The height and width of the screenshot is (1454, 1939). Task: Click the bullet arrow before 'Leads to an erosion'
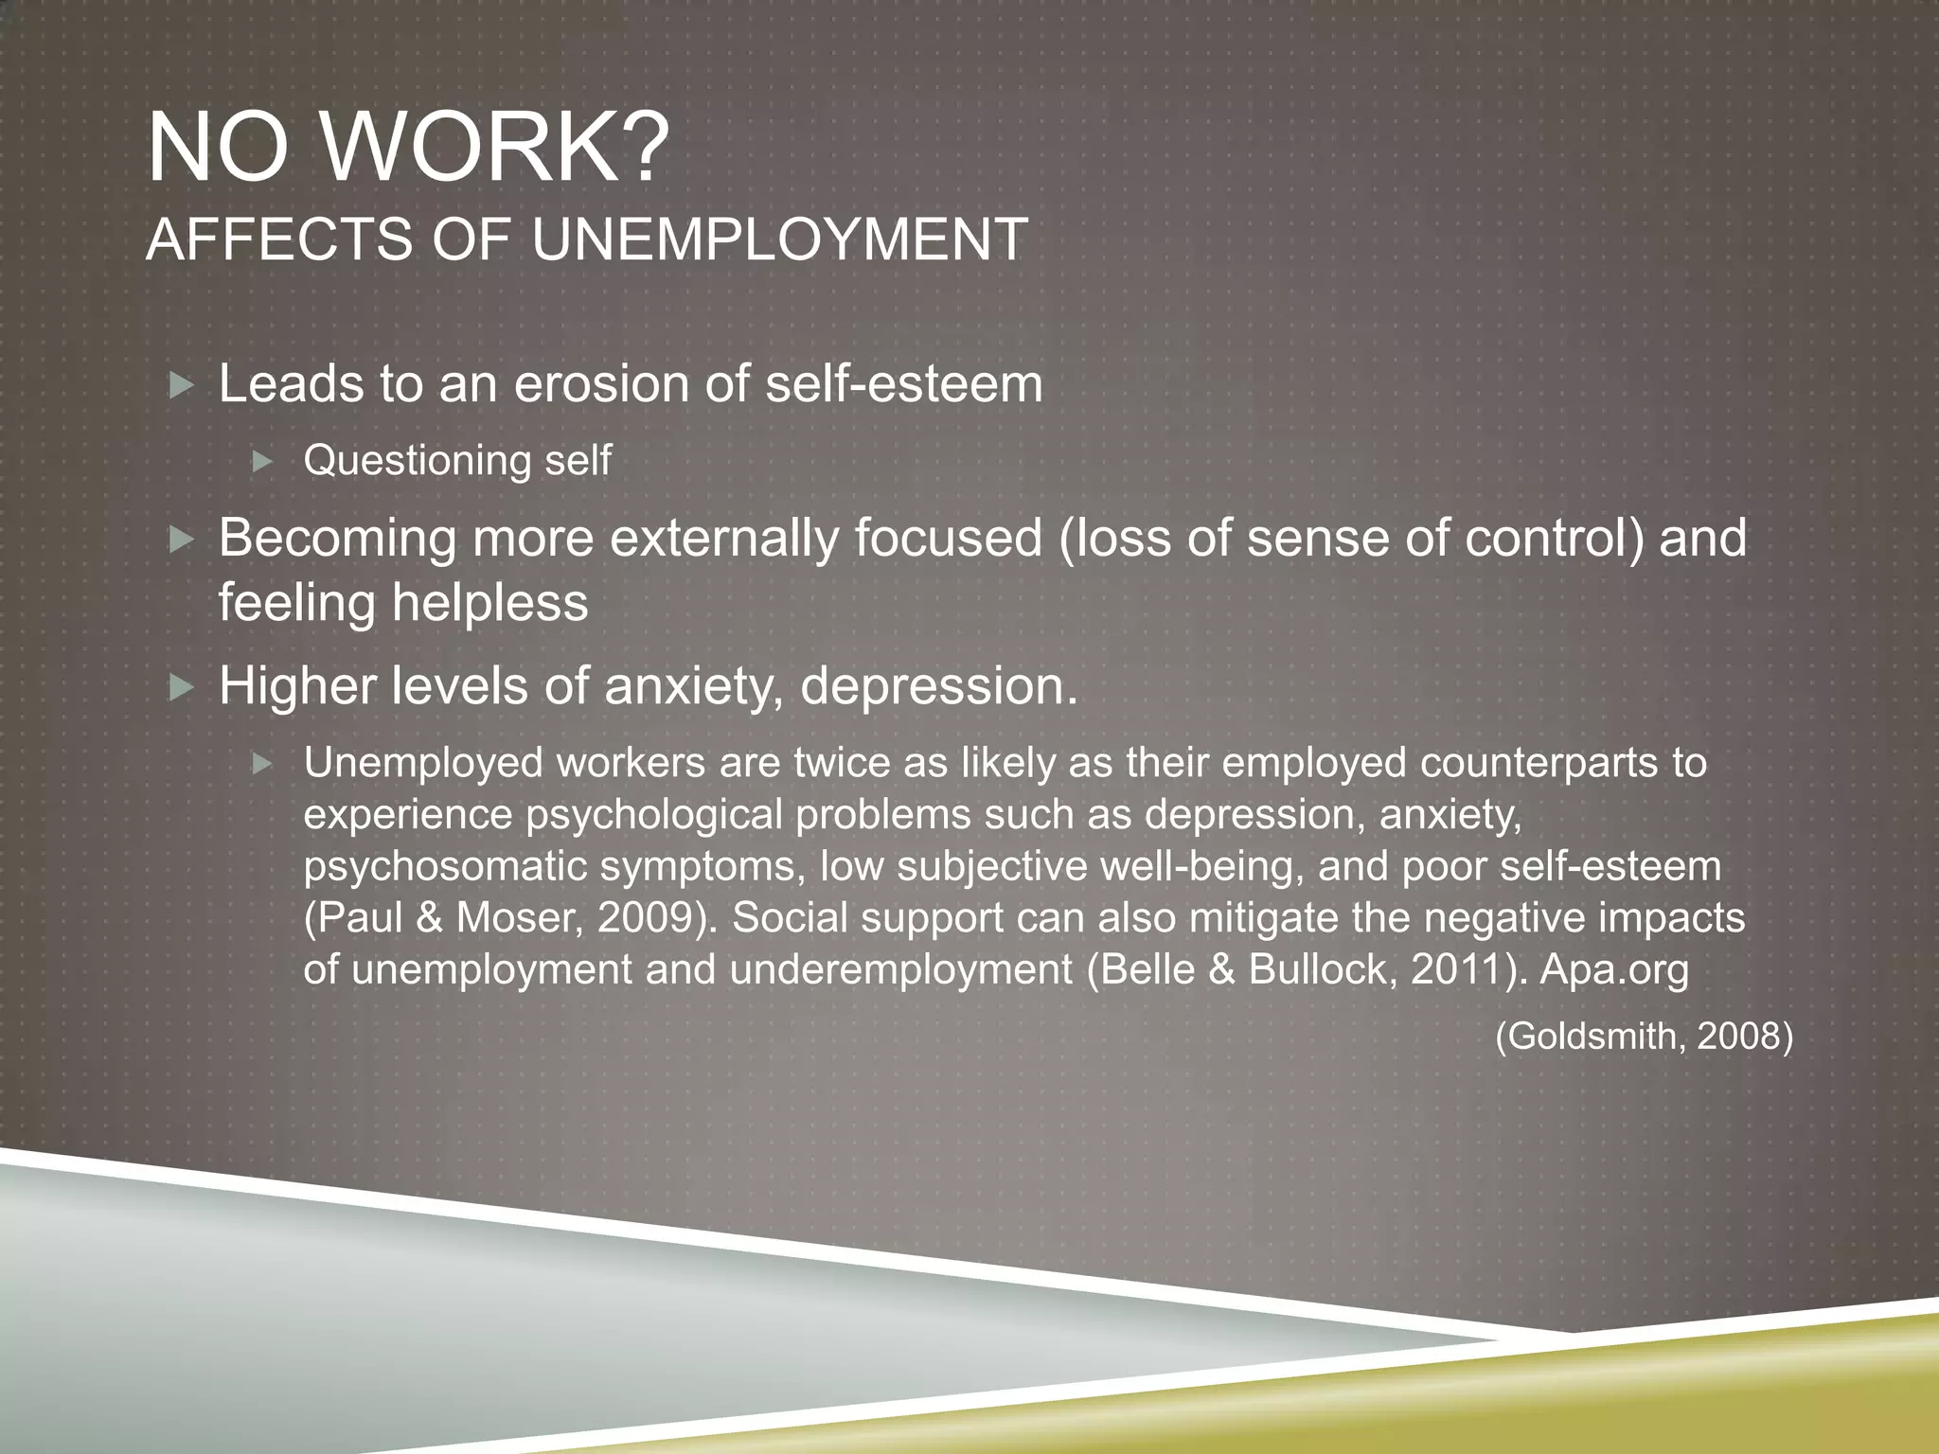(x=181, y=385)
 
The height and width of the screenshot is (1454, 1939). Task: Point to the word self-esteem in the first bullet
(x=904, y=383)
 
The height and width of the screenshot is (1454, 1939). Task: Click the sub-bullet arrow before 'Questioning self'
(x=263, y=462)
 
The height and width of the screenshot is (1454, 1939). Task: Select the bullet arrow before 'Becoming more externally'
(x=181, y=540)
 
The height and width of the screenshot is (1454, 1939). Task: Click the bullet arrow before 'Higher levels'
(x=181, y=687)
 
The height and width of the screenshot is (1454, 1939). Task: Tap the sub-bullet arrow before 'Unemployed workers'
(x=263, y=763)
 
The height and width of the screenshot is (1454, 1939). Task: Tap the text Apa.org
(x=1614, y=969)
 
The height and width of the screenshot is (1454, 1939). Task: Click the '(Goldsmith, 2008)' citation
(x=1644, y=1036)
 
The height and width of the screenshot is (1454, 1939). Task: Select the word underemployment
(x=901, y=969)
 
